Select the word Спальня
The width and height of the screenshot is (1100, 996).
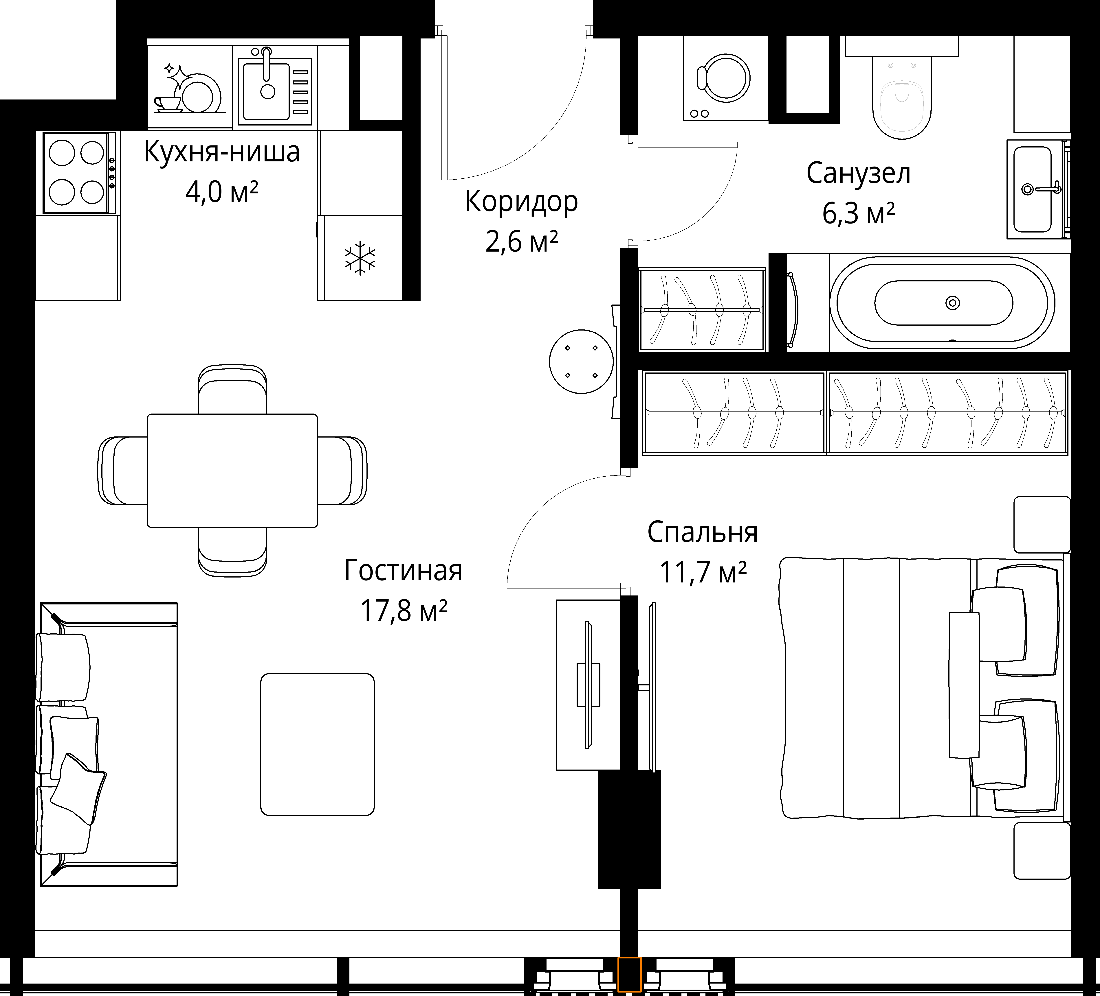coord(702,532)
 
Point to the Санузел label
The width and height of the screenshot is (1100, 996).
coord(858,174)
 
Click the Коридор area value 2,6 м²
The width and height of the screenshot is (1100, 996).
coord(522,242)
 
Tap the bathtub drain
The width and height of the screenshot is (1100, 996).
coord(953,303)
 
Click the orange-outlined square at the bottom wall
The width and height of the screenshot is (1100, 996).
coord(629,974)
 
